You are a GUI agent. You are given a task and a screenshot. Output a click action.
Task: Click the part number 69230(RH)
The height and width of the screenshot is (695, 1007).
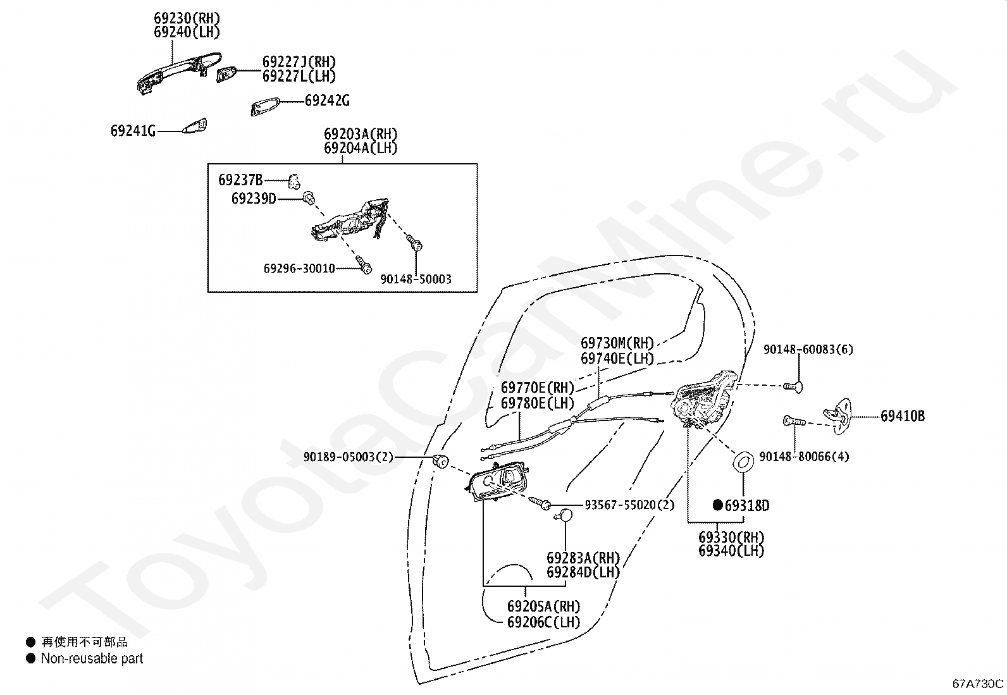click(x=187, y=18)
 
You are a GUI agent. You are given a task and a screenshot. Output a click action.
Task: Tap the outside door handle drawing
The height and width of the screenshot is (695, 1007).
click(x=178, y=72)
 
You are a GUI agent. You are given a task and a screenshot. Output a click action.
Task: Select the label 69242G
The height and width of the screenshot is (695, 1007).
click(x=326, y=101)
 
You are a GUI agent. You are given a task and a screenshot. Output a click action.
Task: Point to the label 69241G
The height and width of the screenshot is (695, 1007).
click(x=133, y=131)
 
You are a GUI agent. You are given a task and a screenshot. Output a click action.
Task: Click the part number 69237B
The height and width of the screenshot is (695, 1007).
click(x=240, y=180)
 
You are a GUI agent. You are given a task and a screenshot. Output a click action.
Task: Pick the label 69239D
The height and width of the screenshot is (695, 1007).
click(x=254, y=199)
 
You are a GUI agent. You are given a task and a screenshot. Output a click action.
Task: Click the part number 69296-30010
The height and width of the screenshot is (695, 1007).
click(x=299, y=269)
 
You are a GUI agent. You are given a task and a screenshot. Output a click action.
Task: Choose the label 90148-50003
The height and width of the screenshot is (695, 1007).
click(x=416, y=280)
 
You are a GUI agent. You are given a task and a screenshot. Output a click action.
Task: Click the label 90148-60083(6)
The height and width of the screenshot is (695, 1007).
click(x=808, y=350)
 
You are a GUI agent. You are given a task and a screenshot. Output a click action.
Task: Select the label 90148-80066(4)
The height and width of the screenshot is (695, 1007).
click(x=804, y=457)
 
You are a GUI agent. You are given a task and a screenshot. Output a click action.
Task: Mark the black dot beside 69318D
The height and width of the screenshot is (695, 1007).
click(x=717, y=505)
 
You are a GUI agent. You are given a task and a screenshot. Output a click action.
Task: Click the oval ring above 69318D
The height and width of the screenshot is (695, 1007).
click(x=743, y=462)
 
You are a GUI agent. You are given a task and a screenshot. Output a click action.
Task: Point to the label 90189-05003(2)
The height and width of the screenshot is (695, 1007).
click(x=348, y=457)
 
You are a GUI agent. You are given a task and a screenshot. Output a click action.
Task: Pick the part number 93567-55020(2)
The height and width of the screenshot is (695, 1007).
click(x=629, y=505)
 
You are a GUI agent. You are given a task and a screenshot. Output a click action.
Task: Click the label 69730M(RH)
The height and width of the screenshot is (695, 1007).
click(x=617, y=343)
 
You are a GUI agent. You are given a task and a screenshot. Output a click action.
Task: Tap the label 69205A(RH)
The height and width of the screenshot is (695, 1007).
click(x=543, y=607)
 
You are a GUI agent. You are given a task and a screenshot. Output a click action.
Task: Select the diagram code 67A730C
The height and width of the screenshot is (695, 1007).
click(x=978, y=684)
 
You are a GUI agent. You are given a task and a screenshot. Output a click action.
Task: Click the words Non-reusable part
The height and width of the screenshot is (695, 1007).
click(x=92, y=659)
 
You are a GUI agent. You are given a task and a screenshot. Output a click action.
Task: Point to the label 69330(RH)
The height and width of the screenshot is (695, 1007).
click(x=731, y=538)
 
